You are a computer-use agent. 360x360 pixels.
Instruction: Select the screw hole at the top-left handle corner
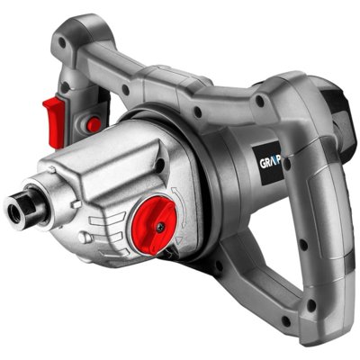click(x=85, y=41)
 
